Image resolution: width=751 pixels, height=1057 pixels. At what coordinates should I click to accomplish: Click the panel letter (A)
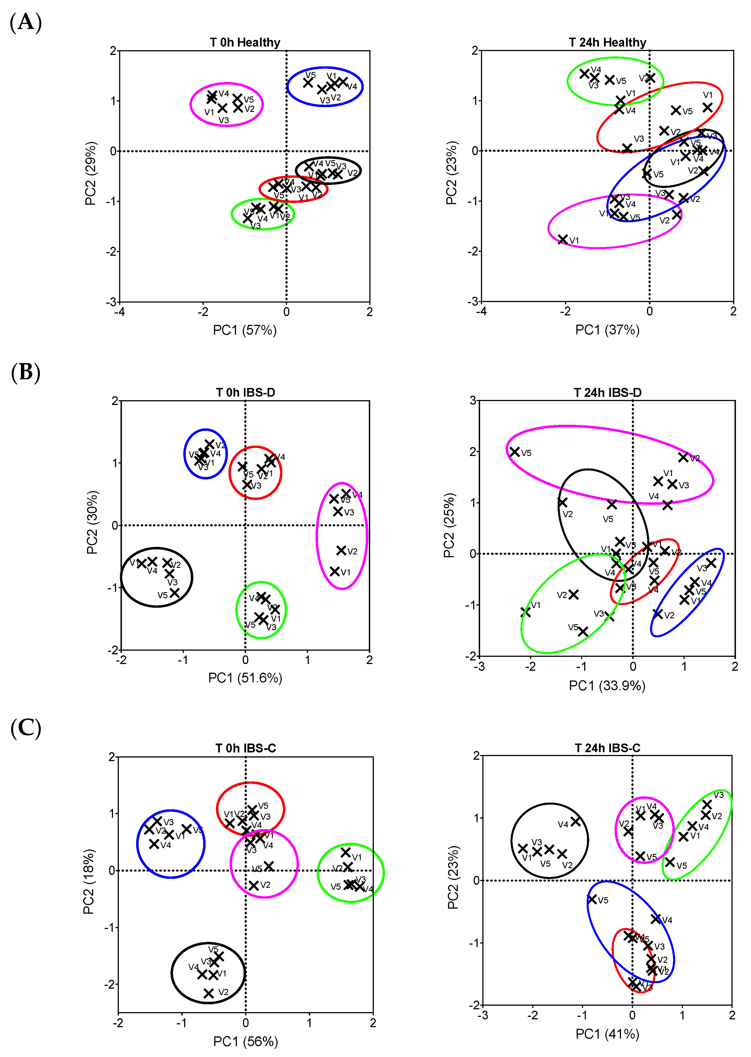click(x=26, y=22)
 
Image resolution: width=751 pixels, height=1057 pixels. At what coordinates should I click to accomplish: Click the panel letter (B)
click(x=26, y=373)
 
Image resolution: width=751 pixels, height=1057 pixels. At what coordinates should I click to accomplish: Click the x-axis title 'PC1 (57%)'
click(x=245, y=330)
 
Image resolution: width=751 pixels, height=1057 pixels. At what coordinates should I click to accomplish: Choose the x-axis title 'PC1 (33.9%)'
click(x=607, y=686)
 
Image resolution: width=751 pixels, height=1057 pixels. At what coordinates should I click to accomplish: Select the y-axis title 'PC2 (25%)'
click(x=449, y=525)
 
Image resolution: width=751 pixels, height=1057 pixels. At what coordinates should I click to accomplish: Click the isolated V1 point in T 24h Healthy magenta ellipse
click(x=563, y=239)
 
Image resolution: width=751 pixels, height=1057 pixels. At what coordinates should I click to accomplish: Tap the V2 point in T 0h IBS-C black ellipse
click(x=209, y=993)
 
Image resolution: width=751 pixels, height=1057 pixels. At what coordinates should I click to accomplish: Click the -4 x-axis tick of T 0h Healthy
click(x=119, y=312)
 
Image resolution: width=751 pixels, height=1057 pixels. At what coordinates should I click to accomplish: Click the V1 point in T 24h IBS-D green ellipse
click(x=525, y=612)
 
